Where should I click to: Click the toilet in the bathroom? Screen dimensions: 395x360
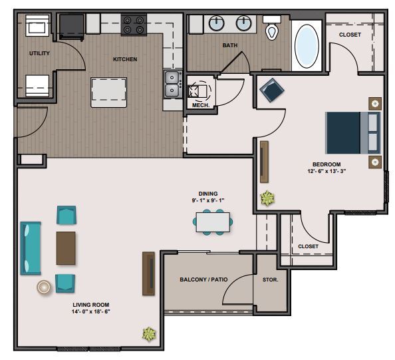click(272, 28)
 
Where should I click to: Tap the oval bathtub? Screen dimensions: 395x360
click(307, 46)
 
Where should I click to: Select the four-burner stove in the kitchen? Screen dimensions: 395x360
click(134, 25)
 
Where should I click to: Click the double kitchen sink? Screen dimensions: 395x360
click(173, 84)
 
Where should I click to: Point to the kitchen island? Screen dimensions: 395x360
click(109, 92)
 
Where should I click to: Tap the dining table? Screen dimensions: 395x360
click(213, 222)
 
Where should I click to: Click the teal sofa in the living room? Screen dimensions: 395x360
click(31, 248)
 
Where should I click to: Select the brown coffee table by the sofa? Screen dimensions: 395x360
click(66, 248)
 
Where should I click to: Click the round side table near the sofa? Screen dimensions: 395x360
click(44, 287)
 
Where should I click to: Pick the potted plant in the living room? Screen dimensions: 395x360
click(149, 334)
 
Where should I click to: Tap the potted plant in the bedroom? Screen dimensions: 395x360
click(267, 198)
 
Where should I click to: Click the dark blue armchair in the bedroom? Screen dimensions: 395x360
click(272, 90)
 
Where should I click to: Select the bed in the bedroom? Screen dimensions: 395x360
click(353, 133)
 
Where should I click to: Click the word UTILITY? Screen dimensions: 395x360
click(39, 53)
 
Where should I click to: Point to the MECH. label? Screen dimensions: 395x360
click(201, 105)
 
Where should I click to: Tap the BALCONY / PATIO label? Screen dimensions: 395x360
click(203, 279)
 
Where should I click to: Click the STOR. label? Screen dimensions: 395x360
click(270, 279)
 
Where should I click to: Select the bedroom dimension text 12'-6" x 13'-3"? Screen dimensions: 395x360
click(327, 171)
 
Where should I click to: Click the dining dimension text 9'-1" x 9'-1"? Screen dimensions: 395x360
click(208, 200)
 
